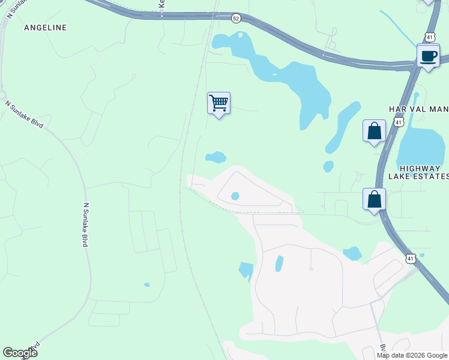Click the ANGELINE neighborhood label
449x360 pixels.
[45, 28]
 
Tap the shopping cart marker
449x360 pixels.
[218, 103]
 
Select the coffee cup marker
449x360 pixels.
[428, 56]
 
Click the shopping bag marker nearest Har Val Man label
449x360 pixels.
[374, 131]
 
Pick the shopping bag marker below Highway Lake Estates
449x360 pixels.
[374, 199]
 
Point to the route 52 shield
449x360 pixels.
[236, 19]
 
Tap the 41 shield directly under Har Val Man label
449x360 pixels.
[398, 122]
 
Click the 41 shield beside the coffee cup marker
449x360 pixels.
[430, 37]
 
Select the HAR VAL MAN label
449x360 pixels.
[418, 109]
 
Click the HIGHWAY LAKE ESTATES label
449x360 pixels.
[418, 172]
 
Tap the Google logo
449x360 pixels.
[20, 353]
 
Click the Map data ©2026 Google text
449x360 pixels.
[412, 355]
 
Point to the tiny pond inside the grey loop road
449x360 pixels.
[235, 196]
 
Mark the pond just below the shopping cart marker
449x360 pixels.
[215, 157]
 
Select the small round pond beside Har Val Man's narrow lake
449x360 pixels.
[328, 166]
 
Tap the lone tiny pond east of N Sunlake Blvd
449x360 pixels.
[146, 284]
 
